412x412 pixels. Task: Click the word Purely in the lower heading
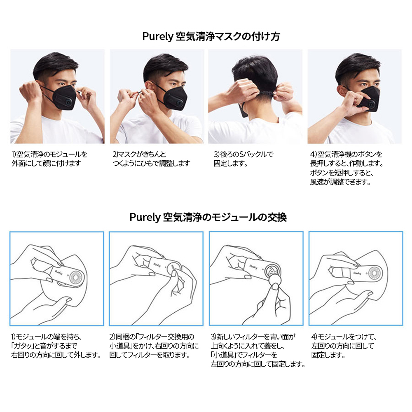tap(145, 217)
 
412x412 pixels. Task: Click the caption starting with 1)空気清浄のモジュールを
tap(49, 159)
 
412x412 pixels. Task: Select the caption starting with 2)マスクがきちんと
tap(151, 159)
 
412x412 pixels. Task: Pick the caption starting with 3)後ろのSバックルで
tap(243, 159)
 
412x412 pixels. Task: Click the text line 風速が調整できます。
tap(340, 182)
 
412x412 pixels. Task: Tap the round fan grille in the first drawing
tap(77, 277)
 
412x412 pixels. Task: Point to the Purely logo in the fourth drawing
tap(357, 273)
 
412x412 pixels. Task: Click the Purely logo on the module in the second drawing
tap(157, 265)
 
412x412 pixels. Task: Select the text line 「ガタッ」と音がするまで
tap(44, 346)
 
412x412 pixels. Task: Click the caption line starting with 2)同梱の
tap(152, 337)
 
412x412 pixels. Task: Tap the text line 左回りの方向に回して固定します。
tap(258, 364)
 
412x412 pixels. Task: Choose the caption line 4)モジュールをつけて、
tap(344, 337)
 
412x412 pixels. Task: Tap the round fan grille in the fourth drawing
tap(374, 273)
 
